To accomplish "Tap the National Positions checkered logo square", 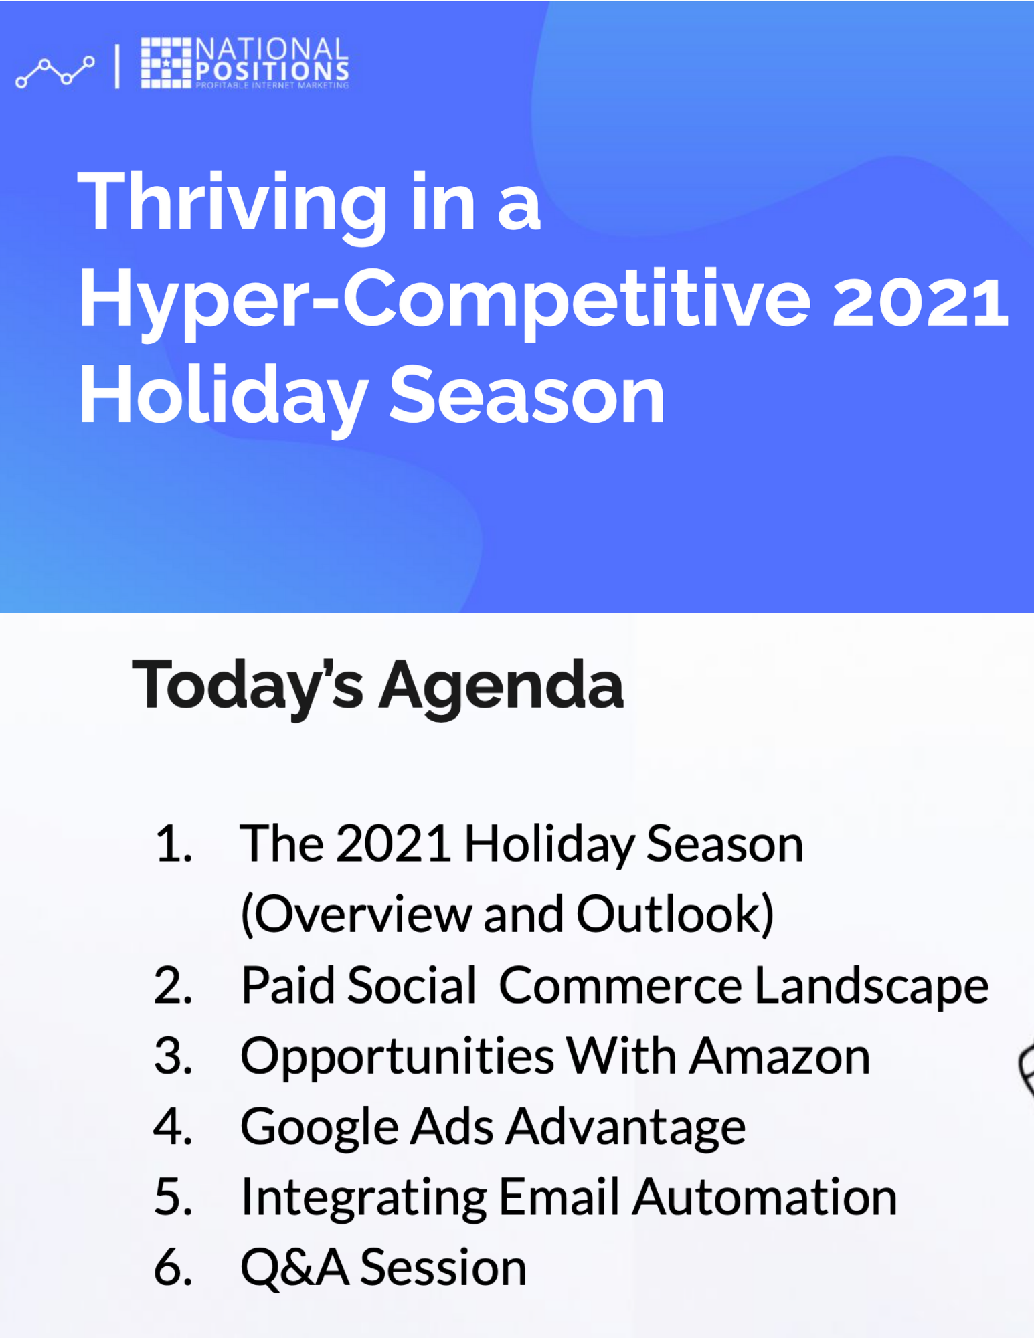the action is point(166,63).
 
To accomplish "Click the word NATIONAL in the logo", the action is point(272,49).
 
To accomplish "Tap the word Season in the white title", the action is point(527,395).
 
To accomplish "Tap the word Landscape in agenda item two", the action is point(871,987).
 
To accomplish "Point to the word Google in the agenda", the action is point(319,1129).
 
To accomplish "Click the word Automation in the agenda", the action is point(764,1198).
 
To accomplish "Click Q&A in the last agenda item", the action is point(294,1268).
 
